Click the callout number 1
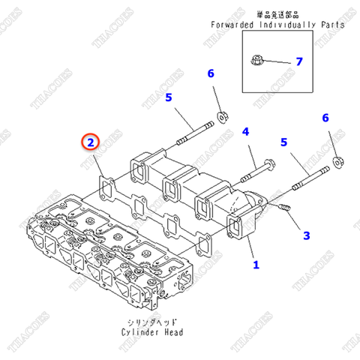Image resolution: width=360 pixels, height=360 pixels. [x=256, y=265]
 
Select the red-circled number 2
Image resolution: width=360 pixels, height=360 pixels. [x=91, y=142]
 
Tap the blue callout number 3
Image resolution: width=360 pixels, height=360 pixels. [x=307, y=235]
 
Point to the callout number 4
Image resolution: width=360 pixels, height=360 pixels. [x=246, y=132]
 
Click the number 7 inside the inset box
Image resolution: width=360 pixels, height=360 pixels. [x=299, y=61]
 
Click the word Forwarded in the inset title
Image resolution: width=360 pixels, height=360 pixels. [x=232, y=25]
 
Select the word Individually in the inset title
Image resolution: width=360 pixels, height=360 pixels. [x=287, y=25]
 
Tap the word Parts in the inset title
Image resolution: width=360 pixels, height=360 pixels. [x=333, y=25]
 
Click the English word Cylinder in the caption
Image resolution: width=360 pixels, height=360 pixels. [x=140, y=332]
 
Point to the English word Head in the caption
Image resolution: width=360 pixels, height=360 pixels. [x=174, y=332]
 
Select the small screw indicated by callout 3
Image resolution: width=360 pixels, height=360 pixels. [x=284, y=207]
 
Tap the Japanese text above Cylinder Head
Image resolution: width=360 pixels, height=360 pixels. [x=152, y=322]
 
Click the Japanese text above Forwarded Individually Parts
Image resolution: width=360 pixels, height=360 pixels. [x=277, y=15]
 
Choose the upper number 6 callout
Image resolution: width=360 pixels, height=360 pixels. [x=211, y=73]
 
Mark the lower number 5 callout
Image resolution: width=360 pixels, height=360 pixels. [x=283, y=142]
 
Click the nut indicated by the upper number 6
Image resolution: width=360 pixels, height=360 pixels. [x=223, y=117]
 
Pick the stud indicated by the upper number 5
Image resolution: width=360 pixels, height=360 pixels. [x=196, y=133]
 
